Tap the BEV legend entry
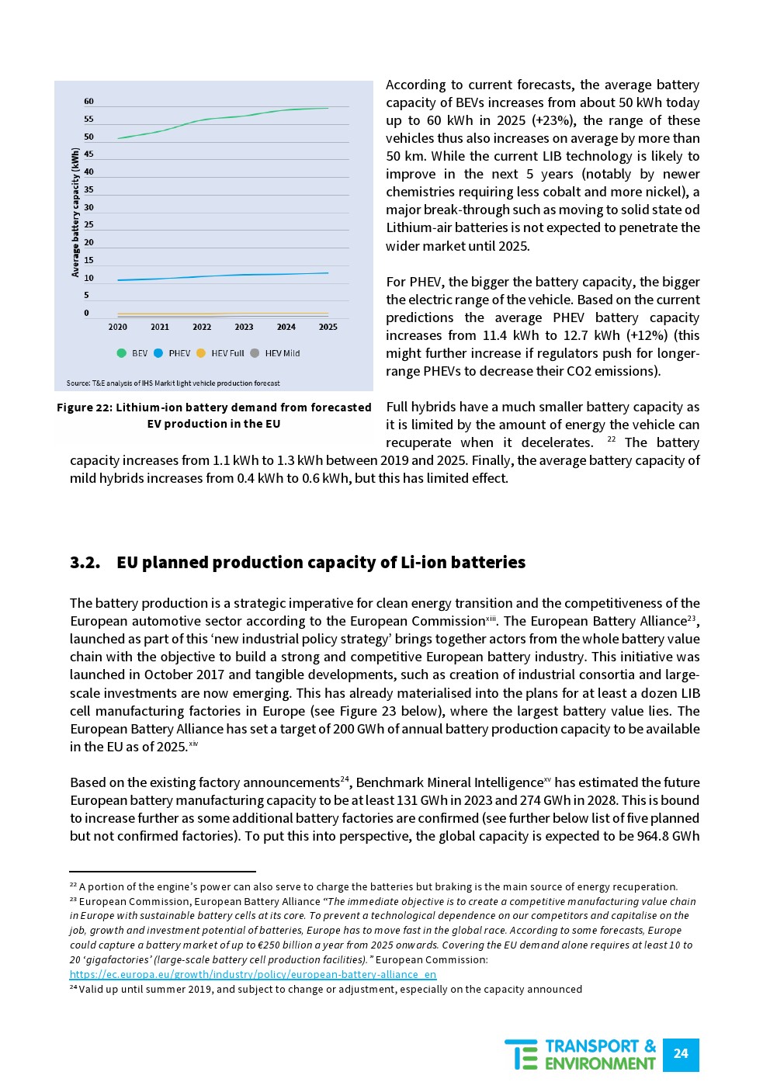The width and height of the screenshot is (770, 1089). [x=133, y=353]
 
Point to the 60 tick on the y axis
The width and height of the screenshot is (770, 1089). [x=88, y=102]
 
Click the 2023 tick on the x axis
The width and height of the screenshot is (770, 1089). [x=244, y=327]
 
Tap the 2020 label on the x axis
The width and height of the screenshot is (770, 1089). [x=118, y=327]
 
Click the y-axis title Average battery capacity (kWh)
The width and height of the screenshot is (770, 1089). [x=75, y=213]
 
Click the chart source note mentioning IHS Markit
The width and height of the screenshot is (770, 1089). [x=173, y=383]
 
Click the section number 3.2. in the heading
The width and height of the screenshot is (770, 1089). [x=85, y=563]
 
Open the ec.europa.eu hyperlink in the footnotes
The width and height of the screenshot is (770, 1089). [x=253, y=974]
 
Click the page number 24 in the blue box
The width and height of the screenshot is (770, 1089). [x=681, y=1053]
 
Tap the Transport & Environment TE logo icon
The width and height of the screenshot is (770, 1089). [x=521, y=1054]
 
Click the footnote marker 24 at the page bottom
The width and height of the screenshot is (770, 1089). [x=73, y=988]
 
